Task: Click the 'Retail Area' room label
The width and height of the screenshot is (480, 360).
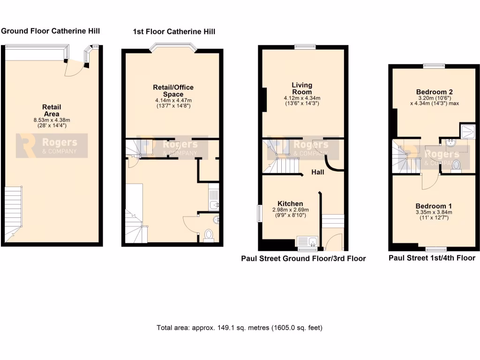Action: click(52, 110)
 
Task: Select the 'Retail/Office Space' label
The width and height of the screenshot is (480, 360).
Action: click(173, 90)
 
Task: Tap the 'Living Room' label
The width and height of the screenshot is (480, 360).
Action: click(301, 88)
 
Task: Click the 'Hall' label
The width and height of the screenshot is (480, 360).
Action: click(318, 172)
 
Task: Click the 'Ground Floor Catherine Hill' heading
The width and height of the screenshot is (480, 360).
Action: click(51, 31)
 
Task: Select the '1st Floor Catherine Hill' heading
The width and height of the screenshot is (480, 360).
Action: click(174, 32)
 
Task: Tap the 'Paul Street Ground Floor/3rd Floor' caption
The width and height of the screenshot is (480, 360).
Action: click(303, 258)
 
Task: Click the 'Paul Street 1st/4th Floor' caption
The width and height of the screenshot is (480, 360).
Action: click(432, 258)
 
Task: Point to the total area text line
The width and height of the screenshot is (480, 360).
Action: click(240, 328)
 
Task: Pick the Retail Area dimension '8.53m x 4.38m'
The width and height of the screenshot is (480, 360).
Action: click(52, 120)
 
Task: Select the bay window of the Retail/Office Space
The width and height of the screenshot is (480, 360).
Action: click(173, 48)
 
